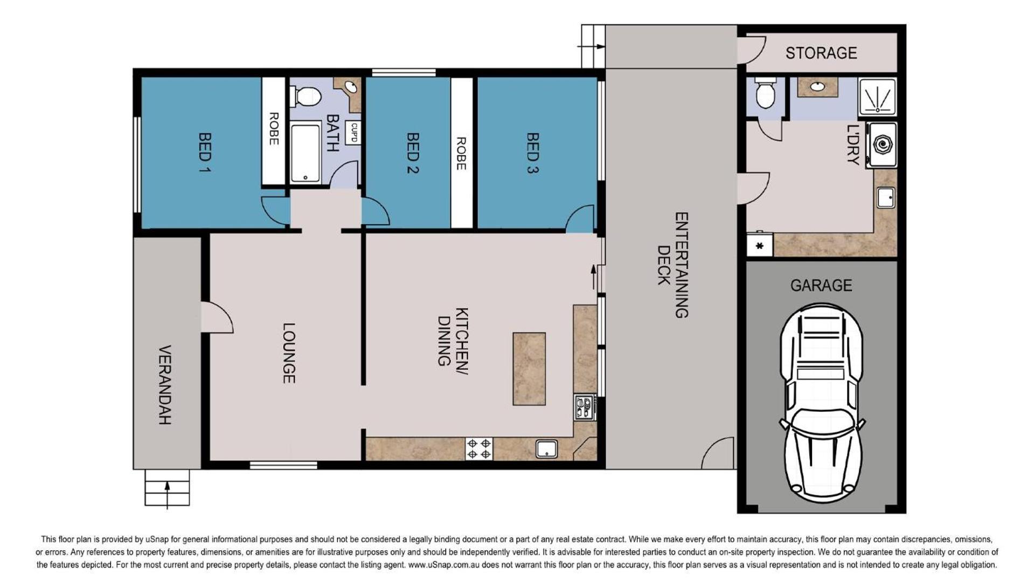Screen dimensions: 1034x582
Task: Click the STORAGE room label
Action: (x=821, y=53)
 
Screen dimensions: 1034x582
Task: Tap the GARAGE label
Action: (x=821, y=285)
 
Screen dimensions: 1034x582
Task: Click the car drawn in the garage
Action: (x=821, y=403)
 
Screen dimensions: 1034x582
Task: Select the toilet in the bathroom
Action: (x=306, y=96)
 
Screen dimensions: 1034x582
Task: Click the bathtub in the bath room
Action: (x=305, y=153)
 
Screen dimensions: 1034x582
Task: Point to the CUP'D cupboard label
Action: (x=353, y=133)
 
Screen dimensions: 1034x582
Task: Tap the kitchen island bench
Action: (x=529, y=369)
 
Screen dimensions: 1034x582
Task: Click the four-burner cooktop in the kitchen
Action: (x=479, y=449)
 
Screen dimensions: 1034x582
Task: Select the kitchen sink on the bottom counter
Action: (x=546, y=448)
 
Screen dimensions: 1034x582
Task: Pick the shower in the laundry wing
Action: (x=877, y=97)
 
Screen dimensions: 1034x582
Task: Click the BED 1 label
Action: (x=205, y=153)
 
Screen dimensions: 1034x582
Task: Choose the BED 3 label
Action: (x=532, y=153)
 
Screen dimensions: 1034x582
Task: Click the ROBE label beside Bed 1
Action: (x=274, y=129)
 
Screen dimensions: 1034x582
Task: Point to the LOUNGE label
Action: (x=289, y=353)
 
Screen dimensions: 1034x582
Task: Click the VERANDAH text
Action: (x=165, y=385)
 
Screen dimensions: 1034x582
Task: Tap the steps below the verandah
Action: (x=167, y=488)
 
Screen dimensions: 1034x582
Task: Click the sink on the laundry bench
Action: (x=886, y=197)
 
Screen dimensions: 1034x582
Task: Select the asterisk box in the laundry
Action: (x=760, y=245)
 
